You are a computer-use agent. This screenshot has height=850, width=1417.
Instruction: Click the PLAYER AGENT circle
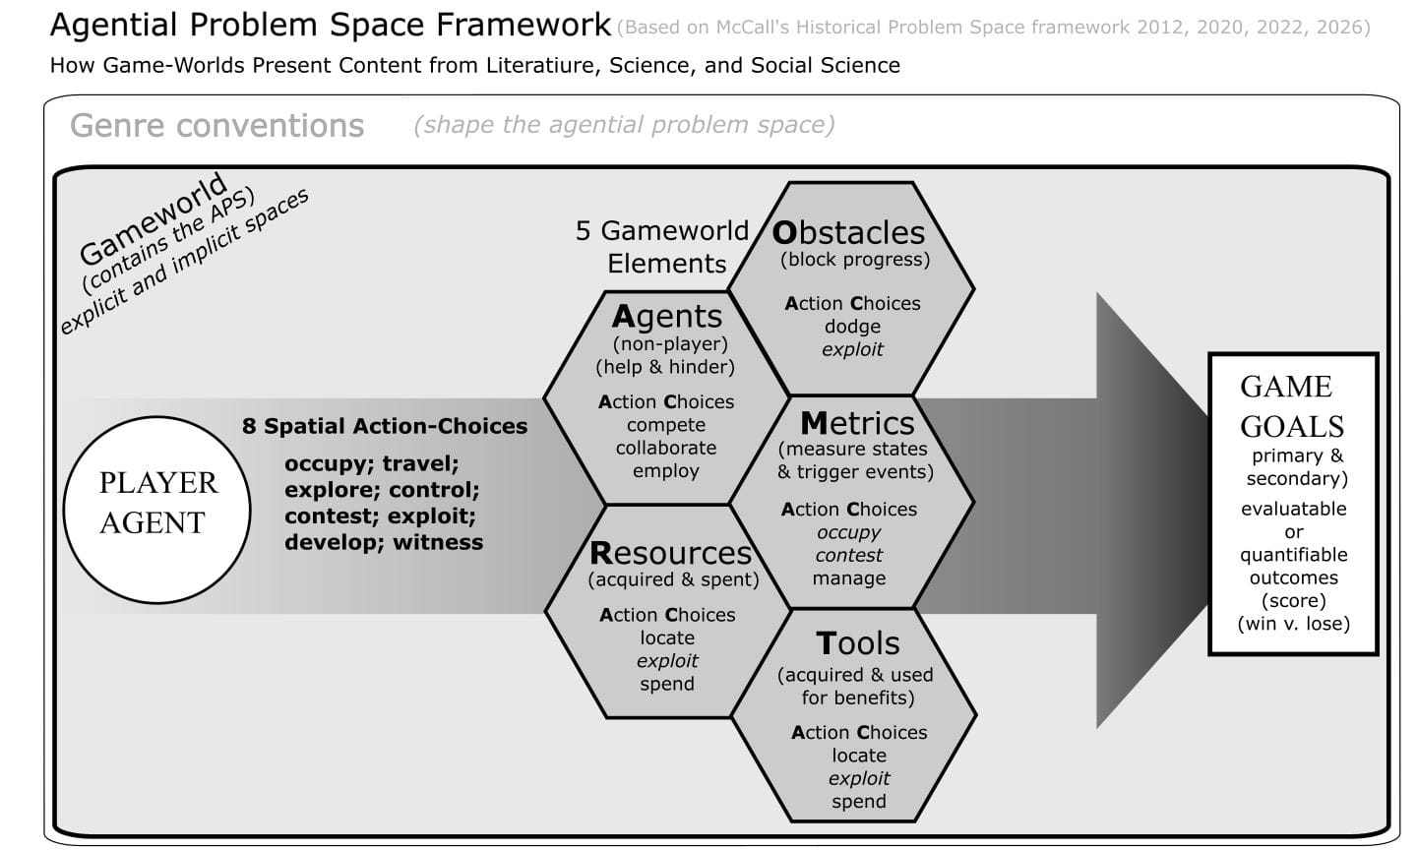pyautogui.click(x=156, y=510)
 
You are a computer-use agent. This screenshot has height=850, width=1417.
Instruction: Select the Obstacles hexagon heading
pyautogui.click(x=848, y=232)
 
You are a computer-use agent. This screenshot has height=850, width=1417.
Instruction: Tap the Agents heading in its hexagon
pyautogui.click(x=666, y=316)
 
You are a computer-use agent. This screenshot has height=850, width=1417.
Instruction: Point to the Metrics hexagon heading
pyautogui.click(x=857, y=423)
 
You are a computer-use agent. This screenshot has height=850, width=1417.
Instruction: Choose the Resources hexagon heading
pyautogui.click(x=670, y=553)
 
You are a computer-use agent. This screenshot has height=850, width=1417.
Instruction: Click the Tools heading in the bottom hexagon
pyautogui.click(x=857, y=643)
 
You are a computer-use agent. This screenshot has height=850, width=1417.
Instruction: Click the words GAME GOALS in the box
pyautogui.click(x=1291, y=406)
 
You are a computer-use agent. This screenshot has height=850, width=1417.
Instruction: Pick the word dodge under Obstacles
pyautogui.click(x=852, y=327)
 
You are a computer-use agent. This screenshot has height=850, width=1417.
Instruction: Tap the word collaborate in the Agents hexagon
pyautogui.click(x=666, y=448)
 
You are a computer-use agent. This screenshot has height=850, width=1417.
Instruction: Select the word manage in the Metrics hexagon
pyautogui.click(x=848, y=578)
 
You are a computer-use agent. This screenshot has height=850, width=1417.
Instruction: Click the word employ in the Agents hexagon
pyautogui.click(x=666, y=470)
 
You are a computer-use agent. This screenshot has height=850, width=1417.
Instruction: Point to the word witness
pyautogui.click(x=438, y=542)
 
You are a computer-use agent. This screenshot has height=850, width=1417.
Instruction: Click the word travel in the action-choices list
pyautogui.click(x=420, y=463)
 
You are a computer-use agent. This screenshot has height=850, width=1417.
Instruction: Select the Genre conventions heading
pyautogui.click(x=216, y=126)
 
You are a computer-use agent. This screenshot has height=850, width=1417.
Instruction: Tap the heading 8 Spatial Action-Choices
pyautogui.click(x=385, y=426)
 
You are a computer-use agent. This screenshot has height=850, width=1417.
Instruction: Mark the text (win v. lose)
pyautogui.click(x=1293, y=624)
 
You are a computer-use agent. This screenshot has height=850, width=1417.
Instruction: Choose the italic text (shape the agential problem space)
pyautogui.click(x=624, y=125)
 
